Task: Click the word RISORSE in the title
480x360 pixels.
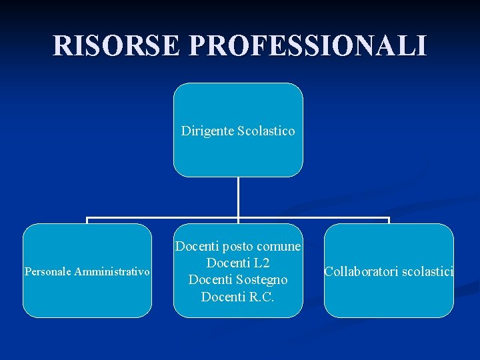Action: (117, 45)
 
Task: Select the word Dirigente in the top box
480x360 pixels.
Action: (207, 131)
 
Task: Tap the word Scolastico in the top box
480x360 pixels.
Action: (265, 131)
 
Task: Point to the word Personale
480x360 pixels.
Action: (47, 271)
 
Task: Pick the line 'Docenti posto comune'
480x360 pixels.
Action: (238, 247)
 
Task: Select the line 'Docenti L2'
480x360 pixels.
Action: (238, 263)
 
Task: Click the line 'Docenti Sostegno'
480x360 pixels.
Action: (238, 280)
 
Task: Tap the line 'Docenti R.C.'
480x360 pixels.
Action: (238, 297)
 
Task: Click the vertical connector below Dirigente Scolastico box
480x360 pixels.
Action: (238, 197)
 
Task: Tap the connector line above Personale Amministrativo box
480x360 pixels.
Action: (87, 220)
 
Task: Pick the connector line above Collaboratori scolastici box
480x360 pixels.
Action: (389, 220)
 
